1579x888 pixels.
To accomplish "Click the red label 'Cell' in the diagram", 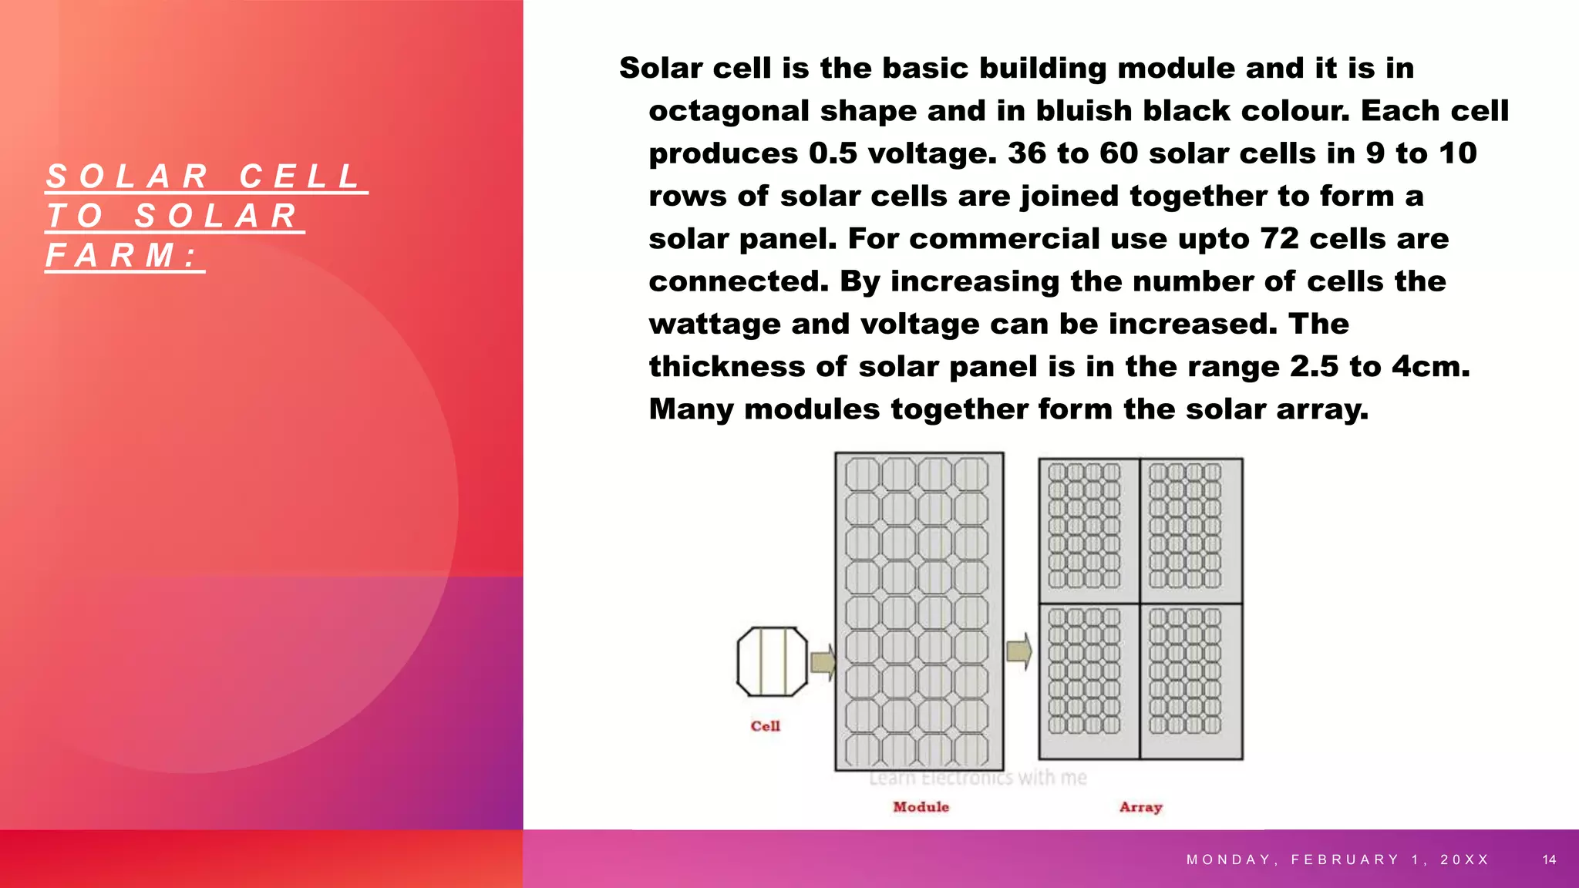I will pos(765,726).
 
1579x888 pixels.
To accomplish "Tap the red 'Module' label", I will pos(921,807).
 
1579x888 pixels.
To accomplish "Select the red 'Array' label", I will pos(1140,807).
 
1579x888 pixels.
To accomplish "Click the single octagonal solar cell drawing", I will pos(772,662).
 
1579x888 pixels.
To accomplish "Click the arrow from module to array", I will pos(1019,652).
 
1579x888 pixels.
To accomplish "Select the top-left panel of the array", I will pos(1089,530).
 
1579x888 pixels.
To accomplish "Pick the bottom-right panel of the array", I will pos(1191,681).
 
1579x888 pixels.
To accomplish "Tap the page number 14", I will pos(1550,859).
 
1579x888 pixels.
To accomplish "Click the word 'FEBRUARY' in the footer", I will pos(1345,859).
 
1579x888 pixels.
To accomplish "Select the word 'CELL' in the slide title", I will pos(300,177).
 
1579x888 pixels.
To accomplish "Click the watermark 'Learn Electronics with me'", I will pos(978,778).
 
